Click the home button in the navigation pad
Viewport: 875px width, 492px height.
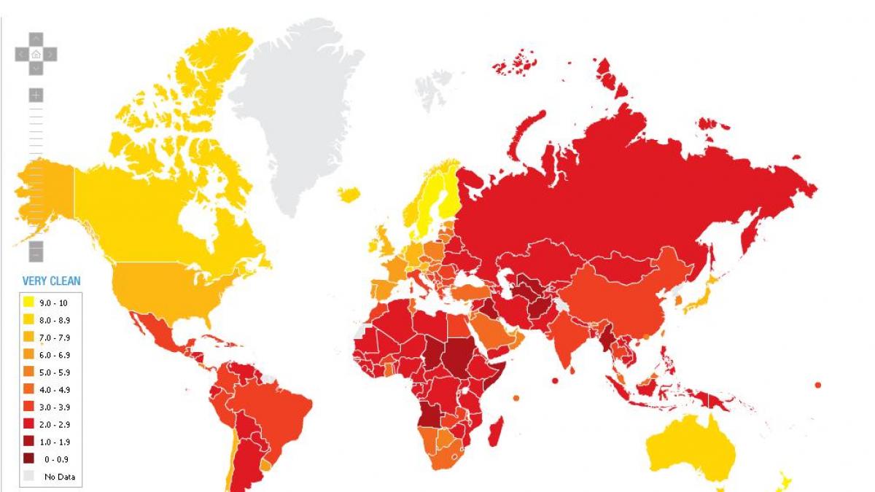[x=36, y=53]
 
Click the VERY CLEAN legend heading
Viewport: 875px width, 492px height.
[x=51, y=281]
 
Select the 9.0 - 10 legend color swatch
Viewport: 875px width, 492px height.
[x=29, y=302]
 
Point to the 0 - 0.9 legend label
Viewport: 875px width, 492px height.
[x=55, y=459]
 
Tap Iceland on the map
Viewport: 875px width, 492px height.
[x=349, y=194]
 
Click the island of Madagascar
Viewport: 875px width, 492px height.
[x=495, y=430]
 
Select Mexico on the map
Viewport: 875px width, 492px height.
[x=157, y=335]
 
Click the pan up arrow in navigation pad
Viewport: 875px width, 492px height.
[x=36, y=38]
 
